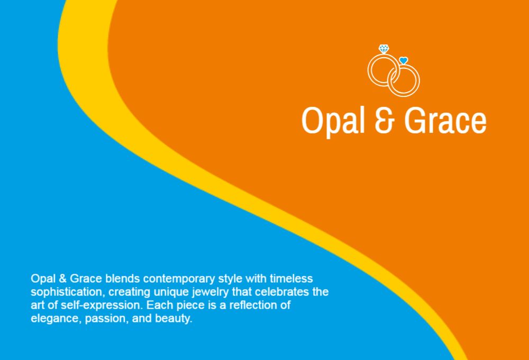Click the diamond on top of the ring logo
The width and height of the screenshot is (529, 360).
tap(384, 49)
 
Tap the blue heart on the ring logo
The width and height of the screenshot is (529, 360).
tap(404, 60)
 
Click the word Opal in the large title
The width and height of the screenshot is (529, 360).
tap(333, 121)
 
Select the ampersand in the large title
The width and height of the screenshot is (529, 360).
tap(385, 120)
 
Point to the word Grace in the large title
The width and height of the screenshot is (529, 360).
tap(445, 120)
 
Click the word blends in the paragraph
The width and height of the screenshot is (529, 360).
tap(123, 278)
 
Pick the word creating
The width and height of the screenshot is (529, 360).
tap(130, 292)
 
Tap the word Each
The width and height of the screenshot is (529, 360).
tap(160, 305)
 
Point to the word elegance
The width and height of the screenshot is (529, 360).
tap(57, 319)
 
